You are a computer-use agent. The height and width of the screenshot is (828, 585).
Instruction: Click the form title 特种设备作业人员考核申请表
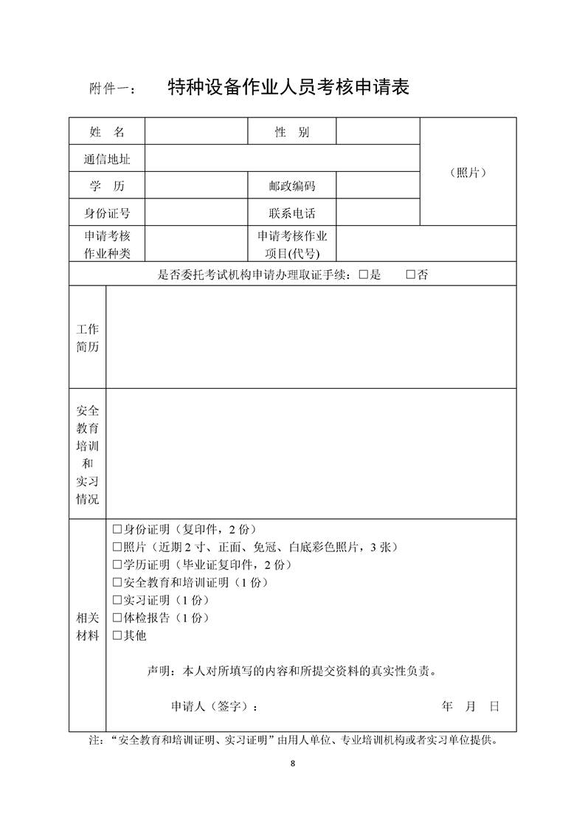(x=288, y=88)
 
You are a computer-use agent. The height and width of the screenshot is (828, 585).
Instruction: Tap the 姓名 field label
(x=107, y=132)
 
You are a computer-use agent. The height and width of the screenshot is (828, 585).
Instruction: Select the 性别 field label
(x=292, y=132)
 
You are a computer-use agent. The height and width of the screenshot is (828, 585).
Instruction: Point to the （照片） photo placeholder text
(x=468, y=173)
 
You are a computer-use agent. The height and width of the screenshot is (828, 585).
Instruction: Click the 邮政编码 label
(x=292, y=187)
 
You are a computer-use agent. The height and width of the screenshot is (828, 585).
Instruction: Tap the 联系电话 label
(x=292, y=214)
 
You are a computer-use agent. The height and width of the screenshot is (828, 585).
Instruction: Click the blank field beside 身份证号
(x=196, y=214)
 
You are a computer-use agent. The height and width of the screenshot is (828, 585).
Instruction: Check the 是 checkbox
(x=363, y=275)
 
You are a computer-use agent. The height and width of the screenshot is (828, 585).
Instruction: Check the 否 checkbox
(x=411, y=275)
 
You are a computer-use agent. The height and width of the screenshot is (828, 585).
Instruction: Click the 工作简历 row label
(x=87, y=338)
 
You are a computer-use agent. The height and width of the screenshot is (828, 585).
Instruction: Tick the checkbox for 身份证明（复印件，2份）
(x=117, y=530)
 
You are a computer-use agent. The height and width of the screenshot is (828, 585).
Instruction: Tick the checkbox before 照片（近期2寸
(x=117, y=548)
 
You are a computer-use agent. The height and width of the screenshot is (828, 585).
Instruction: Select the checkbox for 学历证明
(x=117, y=565)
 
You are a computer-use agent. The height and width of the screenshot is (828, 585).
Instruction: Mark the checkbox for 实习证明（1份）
(x=117, y=600)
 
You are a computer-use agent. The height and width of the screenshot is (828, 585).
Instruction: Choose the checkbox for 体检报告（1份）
(x=117, y=618)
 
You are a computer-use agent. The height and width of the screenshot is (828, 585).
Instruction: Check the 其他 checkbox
(x=117, y=635)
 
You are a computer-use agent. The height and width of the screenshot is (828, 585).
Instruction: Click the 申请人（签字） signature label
(x=215, y=706)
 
